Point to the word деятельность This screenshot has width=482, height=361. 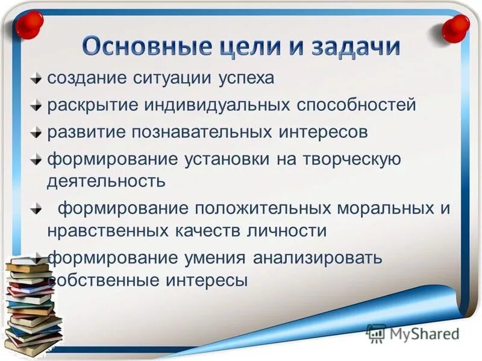[106, 180]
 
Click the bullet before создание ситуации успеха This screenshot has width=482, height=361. [38, 78]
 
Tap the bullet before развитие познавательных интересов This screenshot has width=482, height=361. [38, 132]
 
